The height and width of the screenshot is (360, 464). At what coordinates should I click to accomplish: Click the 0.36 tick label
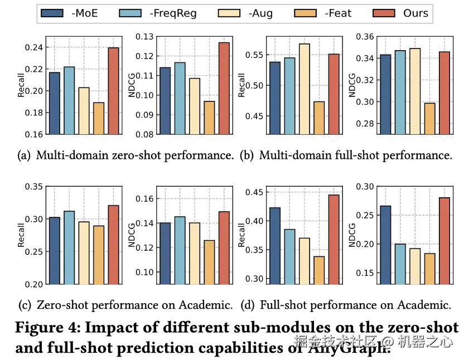click(366, 37)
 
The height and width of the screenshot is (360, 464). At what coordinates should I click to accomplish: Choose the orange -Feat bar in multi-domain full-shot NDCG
click(429, 118)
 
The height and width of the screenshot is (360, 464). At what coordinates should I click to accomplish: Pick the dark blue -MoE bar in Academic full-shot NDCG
click(385, 245)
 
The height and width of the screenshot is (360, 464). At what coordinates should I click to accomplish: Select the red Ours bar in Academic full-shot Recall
click(333, 239)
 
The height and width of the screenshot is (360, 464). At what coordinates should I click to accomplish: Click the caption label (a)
click(25, 155)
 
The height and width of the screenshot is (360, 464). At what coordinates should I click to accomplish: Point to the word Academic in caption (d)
click(423, 305)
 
